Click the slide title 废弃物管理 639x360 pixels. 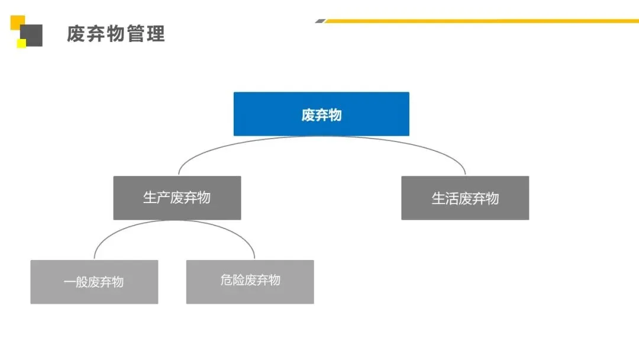115,33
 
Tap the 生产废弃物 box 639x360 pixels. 177,198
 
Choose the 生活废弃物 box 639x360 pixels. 465,198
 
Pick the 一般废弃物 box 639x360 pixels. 94,282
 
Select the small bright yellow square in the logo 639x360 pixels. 21,43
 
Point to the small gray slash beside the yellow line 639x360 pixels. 320,21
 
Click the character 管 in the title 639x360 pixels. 135,33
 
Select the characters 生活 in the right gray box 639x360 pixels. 445,198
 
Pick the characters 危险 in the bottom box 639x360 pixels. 232,280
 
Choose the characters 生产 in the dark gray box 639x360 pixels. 156,198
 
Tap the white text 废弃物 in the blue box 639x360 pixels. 321,114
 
